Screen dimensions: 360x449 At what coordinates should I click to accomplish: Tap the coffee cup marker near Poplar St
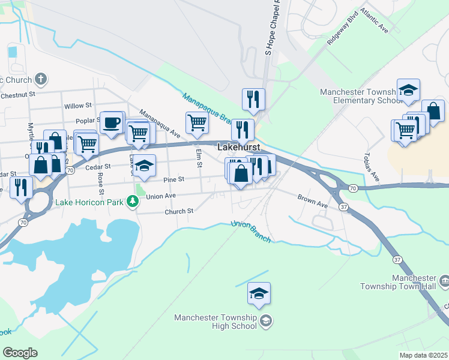click(x=111, y=123)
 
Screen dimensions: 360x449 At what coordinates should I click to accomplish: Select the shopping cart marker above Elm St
click(x=197, y=123)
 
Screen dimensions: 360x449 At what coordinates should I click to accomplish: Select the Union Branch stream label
click(x=251, y=232)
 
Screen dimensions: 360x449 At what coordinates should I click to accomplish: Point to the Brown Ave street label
click(x=313, y=200)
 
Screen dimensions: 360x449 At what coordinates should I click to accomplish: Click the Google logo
click(x=20, y=353)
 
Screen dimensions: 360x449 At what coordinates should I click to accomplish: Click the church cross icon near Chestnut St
click(x=41, y=79)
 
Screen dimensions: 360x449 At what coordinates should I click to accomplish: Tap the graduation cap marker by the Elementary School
click(x=408, y=90)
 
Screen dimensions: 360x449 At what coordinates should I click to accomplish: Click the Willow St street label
click(x=77, y=106)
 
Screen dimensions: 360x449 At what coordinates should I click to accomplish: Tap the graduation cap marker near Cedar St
click(x=144, y=166)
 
